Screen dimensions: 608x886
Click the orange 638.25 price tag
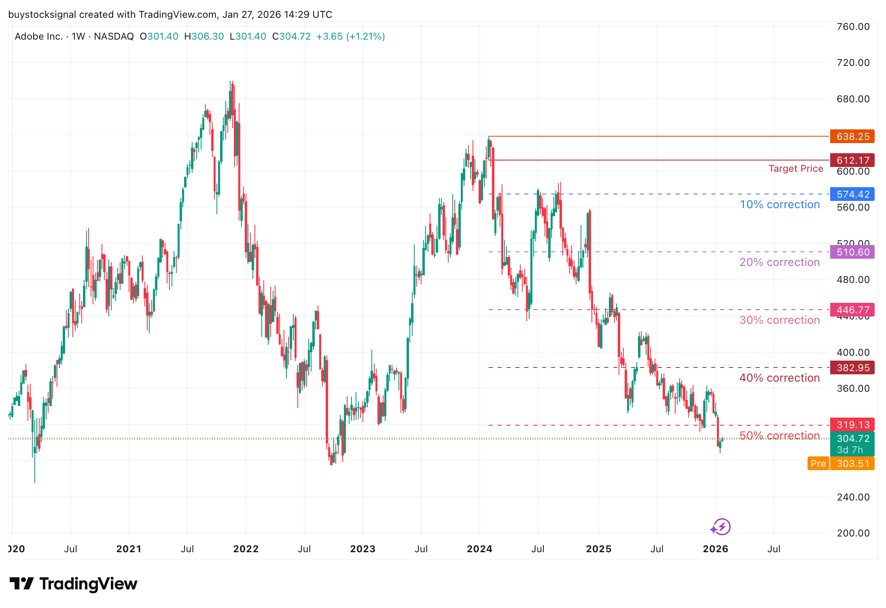point(852,137)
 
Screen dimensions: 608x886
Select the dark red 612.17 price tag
point(852,160)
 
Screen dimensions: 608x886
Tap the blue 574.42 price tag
point(852,194)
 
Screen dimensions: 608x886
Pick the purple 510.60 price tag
point(852,252)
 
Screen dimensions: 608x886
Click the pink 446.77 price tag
point(852,310)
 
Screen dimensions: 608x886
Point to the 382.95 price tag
point(852,368)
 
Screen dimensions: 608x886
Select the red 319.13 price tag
point(852,425)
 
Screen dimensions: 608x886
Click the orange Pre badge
point(818,464)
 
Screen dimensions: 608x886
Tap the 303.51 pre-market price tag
point(852,464)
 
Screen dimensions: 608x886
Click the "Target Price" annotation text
point(796,169)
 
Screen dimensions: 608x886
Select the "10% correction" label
point(780,205)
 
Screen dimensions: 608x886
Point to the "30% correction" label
point(780,320)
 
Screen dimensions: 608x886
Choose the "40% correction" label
point(780,378)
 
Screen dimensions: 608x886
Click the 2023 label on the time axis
point(362,549)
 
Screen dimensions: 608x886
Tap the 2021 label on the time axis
point(129,549)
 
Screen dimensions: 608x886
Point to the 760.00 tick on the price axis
point(853,27)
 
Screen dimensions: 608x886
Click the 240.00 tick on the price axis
point(853,497)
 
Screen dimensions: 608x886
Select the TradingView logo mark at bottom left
point(21,584)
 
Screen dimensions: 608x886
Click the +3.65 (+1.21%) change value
point(350,36)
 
